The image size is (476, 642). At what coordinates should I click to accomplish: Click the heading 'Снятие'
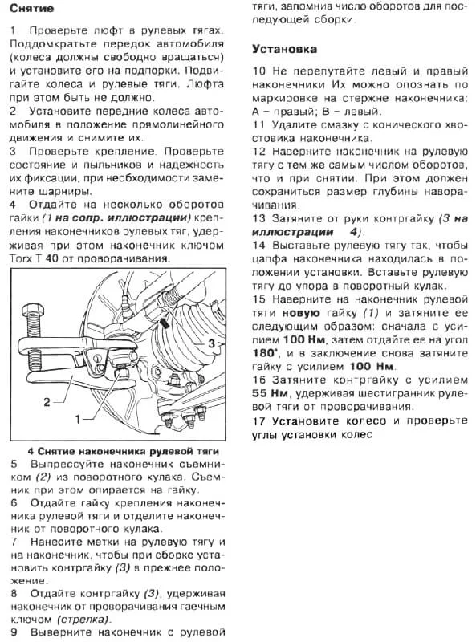point(33,9)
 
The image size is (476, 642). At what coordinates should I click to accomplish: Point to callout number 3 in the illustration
point(211,343)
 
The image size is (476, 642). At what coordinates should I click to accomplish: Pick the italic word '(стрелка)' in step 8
point(81,620)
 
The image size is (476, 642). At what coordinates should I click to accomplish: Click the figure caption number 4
point(30,451)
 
